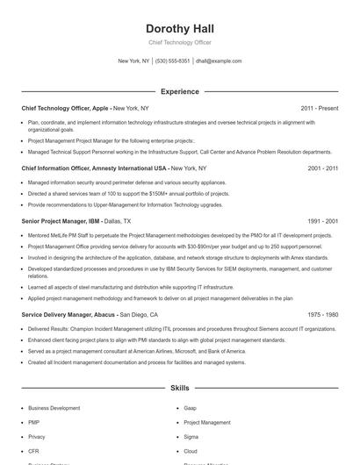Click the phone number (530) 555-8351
pyautogui.click(x=173, y=61)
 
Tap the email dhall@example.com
pyautogui.click(x=219, y=61)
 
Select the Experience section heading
pyautogui.click(x=179, y=91)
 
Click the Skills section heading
pyautogui.click(x=179, y=387)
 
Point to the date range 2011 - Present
pyautogui.click(x=319, y=108)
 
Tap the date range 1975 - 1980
pyautogui.click(x=322, y=314)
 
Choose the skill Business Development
pyautogui.click(x=54, y=408)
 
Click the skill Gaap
pyautogui.click(x=191, y=408)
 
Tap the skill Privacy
pyautogui.click(x=37, y=436)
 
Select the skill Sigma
pyautogui.click(x=191, y=436)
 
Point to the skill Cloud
pyautogui.click(x=191, y=450)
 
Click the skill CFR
pyautogui.click(x=34, y=450)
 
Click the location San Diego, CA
pyautogui.click(x=139, y=314)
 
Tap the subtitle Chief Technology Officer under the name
pyautogui.click(x=179, y=42)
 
